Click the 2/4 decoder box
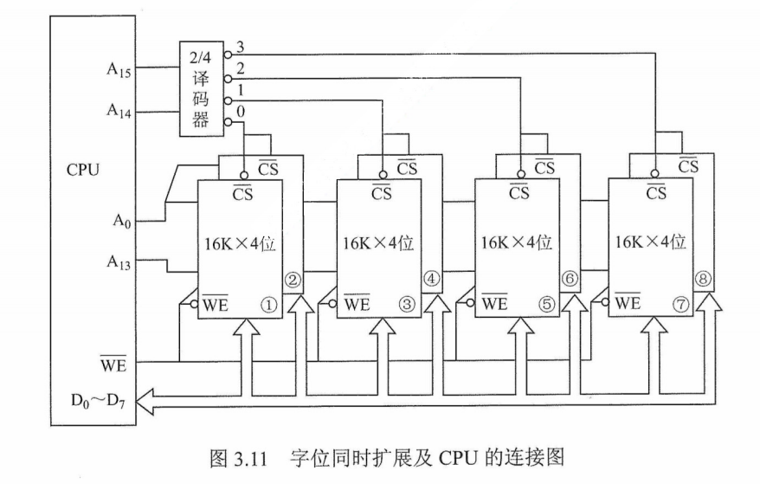click(200, 87)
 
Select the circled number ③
click(407, 304)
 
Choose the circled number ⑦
click(679, 304)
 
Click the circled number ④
click(431, 280)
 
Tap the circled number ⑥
click(570, 280)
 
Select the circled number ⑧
click(704, 280)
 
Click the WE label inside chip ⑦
click(628, 304)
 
